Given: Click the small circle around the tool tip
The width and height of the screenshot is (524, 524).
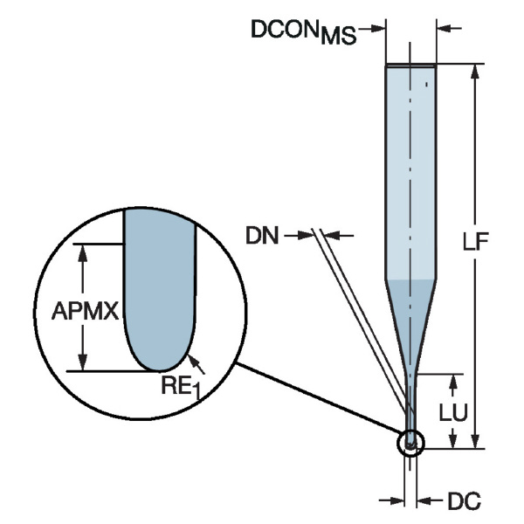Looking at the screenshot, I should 410,443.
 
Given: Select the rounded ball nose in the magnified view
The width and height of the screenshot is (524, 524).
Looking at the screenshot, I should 159,345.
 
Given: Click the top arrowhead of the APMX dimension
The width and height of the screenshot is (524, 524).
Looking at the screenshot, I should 84,251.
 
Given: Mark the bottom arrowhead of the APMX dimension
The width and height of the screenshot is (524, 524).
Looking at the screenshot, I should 84,363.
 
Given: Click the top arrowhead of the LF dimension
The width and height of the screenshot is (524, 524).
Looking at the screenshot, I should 475,72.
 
